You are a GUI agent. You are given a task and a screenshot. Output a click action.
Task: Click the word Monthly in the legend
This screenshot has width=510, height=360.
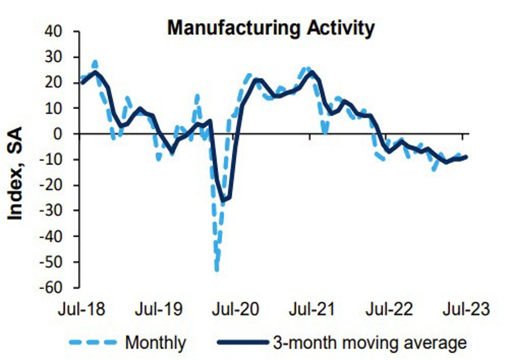click(155, 342)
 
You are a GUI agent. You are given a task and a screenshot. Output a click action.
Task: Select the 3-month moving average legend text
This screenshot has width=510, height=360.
click(370, 342)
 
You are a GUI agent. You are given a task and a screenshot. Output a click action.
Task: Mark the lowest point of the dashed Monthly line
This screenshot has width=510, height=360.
click(217, 269)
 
